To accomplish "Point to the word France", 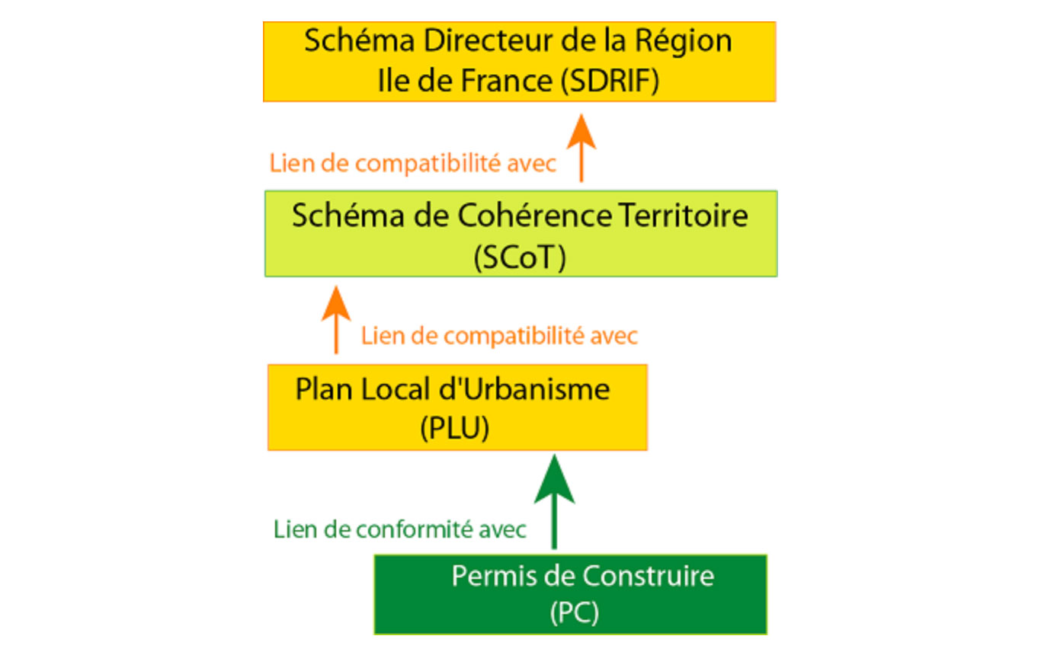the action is pyautogui.click(x=507, y=81).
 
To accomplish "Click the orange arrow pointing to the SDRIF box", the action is pyautogui.click(x=581, y=148).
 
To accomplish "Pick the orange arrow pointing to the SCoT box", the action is pyautogui.click(x=336, y=320).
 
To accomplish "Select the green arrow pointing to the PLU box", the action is pyautogui.click(x=554, y=502).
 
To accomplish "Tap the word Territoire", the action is pyautogui.click(x=684, y=216).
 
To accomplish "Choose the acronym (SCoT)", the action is pyautogui.click(x=520, y=257).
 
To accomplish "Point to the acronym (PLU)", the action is pyautogui.click(x=454, y=428).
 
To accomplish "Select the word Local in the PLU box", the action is pyautogui.click(x=395, y=389).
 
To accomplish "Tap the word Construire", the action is pyautogui.click(x=649, y=577).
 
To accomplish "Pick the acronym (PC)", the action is pyautogui.click(x=575, y=613).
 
